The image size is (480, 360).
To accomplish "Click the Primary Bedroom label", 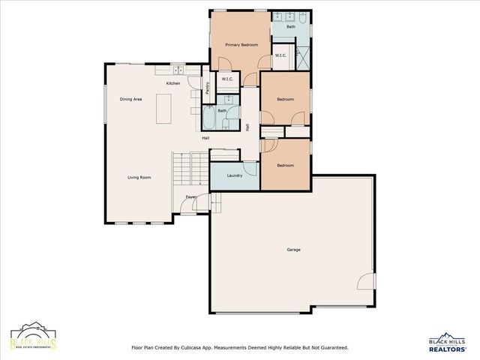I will tap(241, 45).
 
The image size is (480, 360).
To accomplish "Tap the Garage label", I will tap(293, 249).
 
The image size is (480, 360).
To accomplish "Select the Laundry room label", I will tap(234, 175).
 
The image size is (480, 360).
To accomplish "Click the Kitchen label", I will tap(173, 83).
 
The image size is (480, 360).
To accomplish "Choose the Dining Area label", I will tap(131, 99).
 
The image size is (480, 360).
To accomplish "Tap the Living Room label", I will tap(139, 177).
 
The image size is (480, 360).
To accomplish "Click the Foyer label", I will tap(192, 197).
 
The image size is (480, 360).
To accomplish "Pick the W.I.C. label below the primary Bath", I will tap(280, 55).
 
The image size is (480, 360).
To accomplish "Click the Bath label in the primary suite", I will tap(290, 26).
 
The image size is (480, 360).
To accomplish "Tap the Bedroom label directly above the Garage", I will tap(285, 165).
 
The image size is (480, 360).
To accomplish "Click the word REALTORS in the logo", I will tap(448, 349).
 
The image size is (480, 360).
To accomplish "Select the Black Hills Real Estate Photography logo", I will tap(33, 337).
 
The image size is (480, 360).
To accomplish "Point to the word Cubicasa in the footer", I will tap(212, 347).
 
